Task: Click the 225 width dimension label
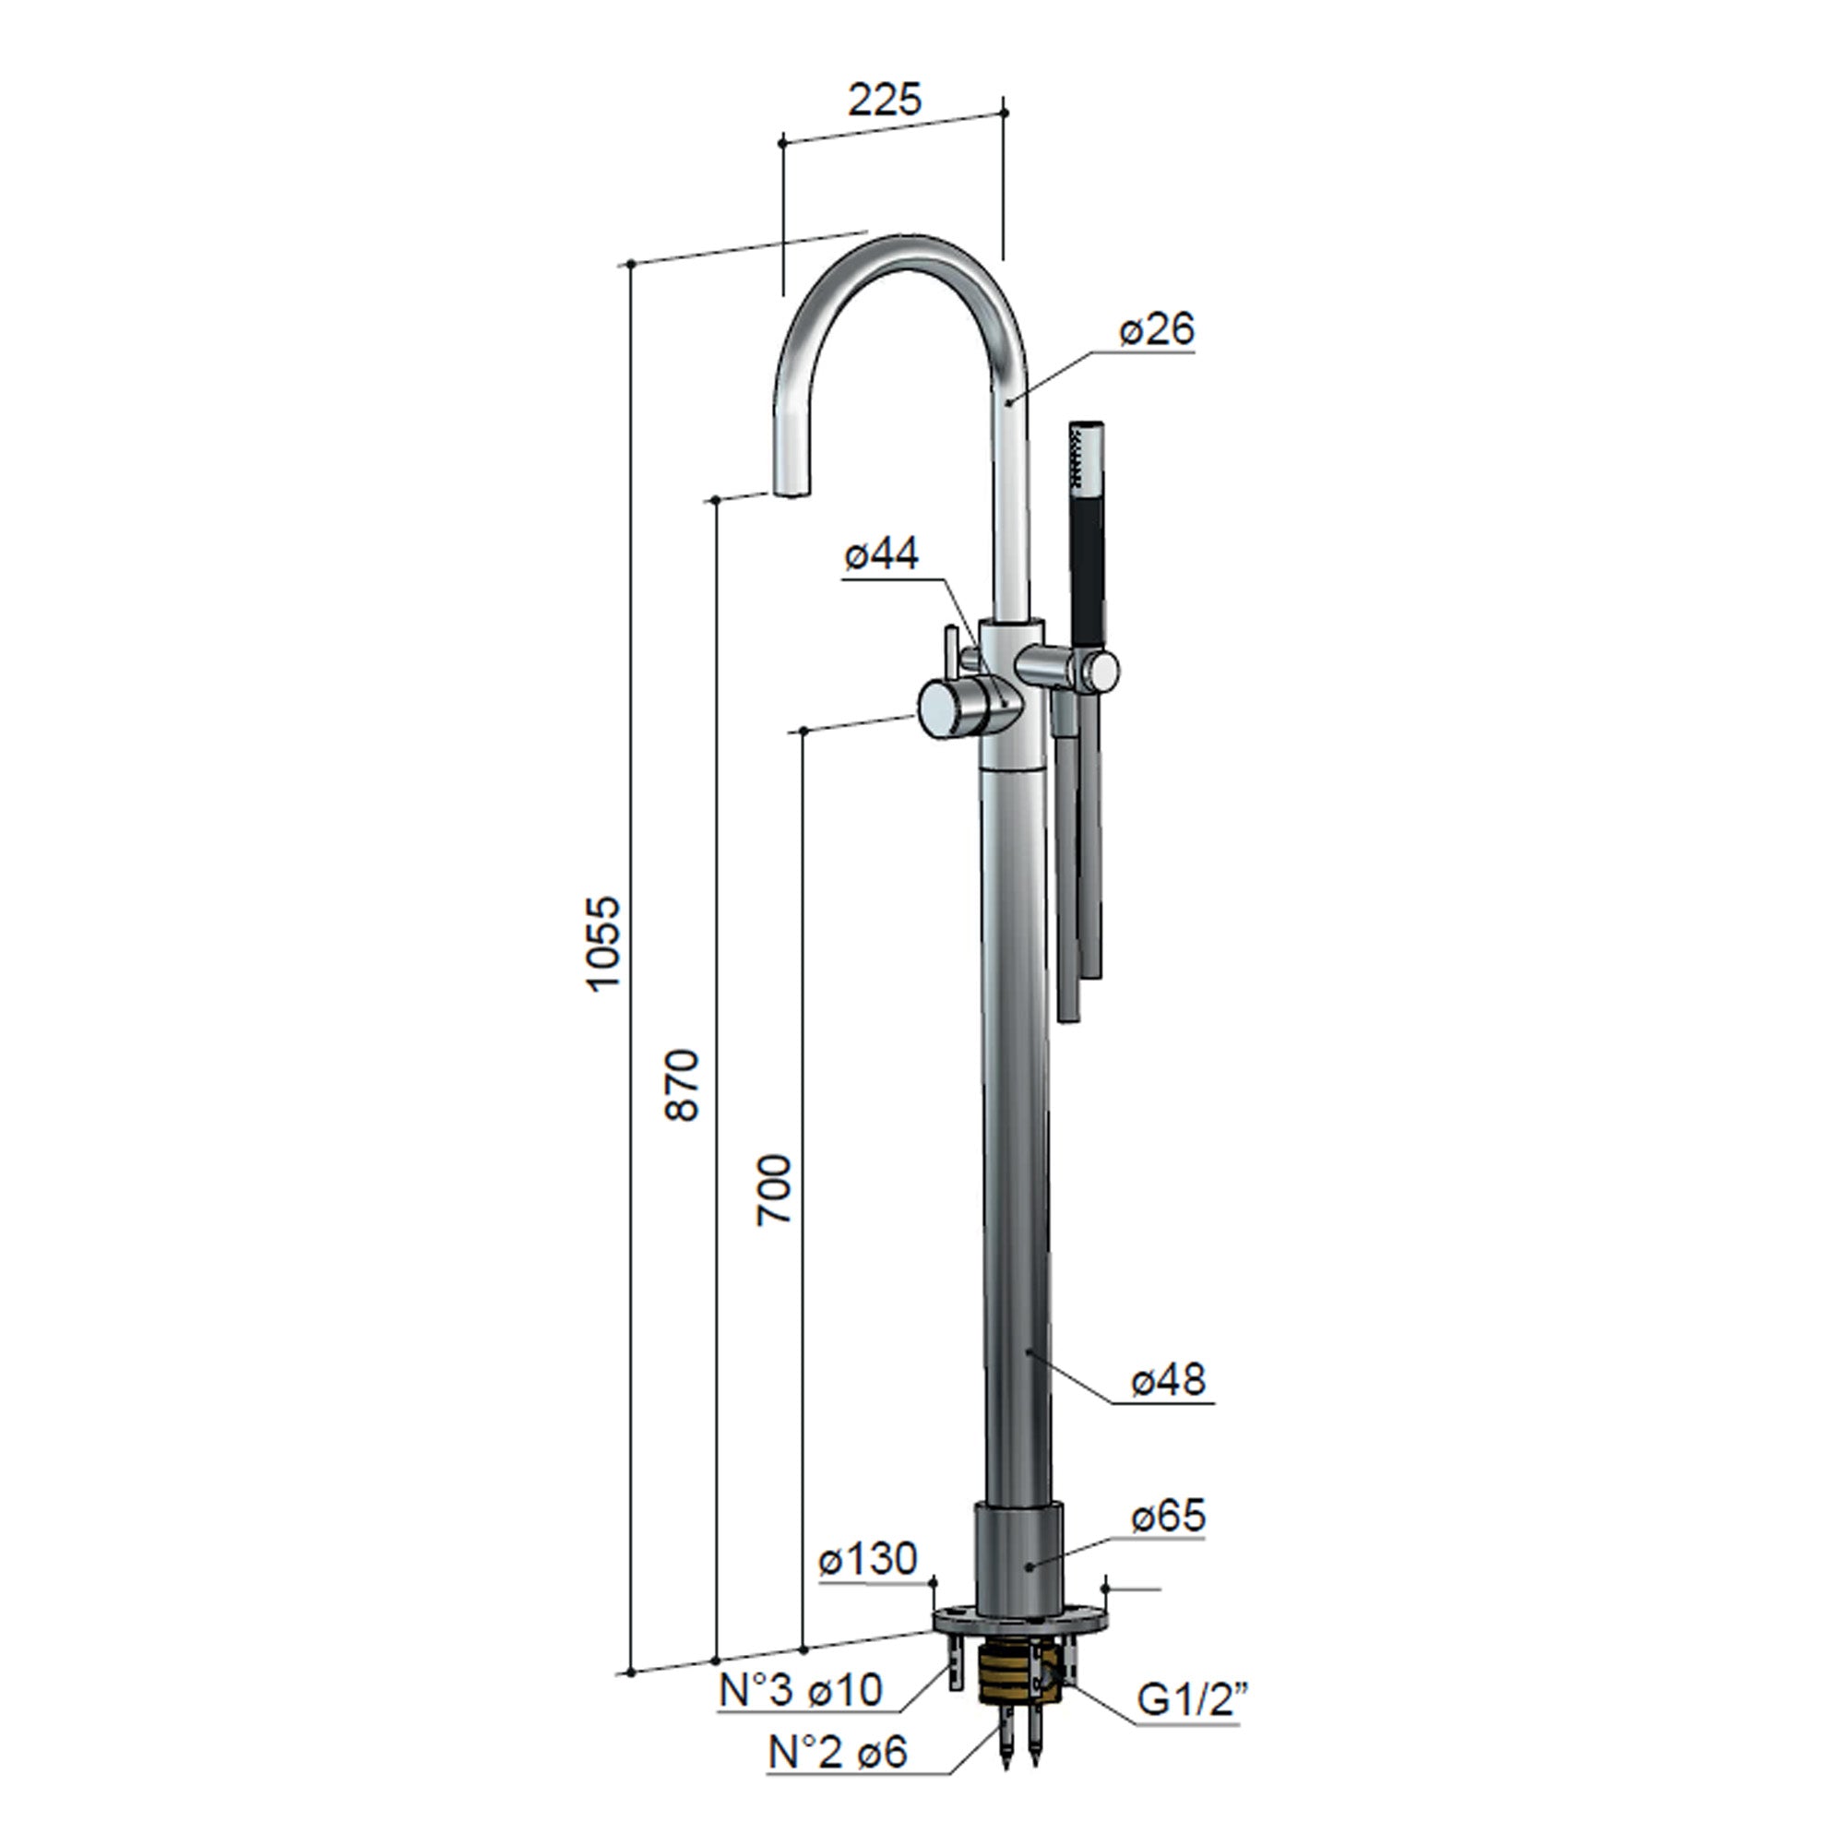point(885,100)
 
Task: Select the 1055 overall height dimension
point(603,945)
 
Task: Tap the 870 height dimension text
point(682,1085)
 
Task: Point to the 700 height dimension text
point(774,1190)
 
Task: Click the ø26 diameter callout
point(1157,329)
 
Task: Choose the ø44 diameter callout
point(880,553)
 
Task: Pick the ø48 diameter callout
point(1168,1380)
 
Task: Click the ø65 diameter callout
point(1168,1516)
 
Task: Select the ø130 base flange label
point(867,1559)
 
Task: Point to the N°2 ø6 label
point(838,1752)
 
